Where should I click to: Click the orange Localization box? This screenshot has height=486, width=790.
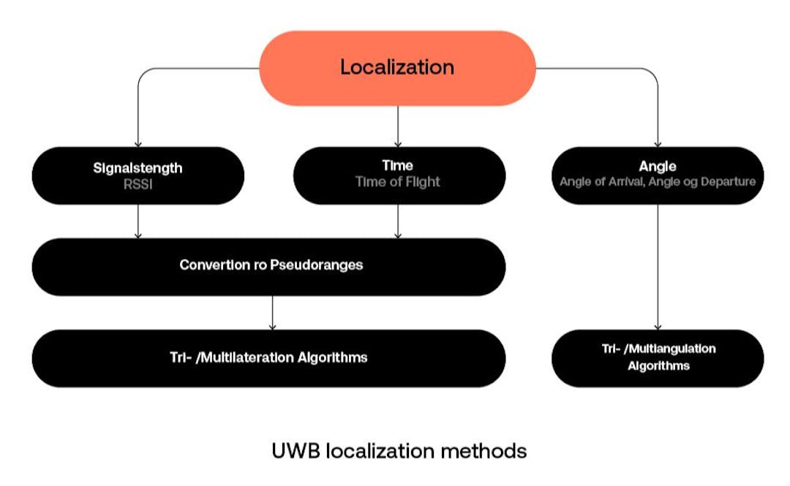(397, 68)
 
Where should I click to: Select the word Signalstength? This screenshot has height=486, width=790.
(138, 167)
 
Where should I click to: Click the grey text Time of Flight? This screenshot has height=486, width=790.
(398, 182)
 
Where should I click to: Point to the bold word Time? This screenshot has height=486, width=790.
(398, 166)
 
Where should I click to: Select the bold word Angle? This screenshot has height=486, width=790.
(657, 167)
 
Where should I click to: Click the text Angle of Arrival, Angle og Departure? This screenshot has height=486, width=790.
(657, 181)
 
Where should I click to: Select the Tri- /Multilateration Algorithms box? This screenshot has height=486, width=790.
(268, 358)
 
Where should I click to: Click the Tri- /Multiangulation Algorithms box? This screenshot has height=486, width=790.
(658, 357)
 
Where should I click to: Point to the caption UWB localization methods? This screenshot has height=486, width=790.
(399, 451)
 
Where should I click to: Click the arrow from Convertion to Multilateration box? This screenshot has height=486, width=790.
(272, 313)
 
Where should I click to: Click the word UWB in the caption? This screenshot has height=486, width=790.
(296, 451)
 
